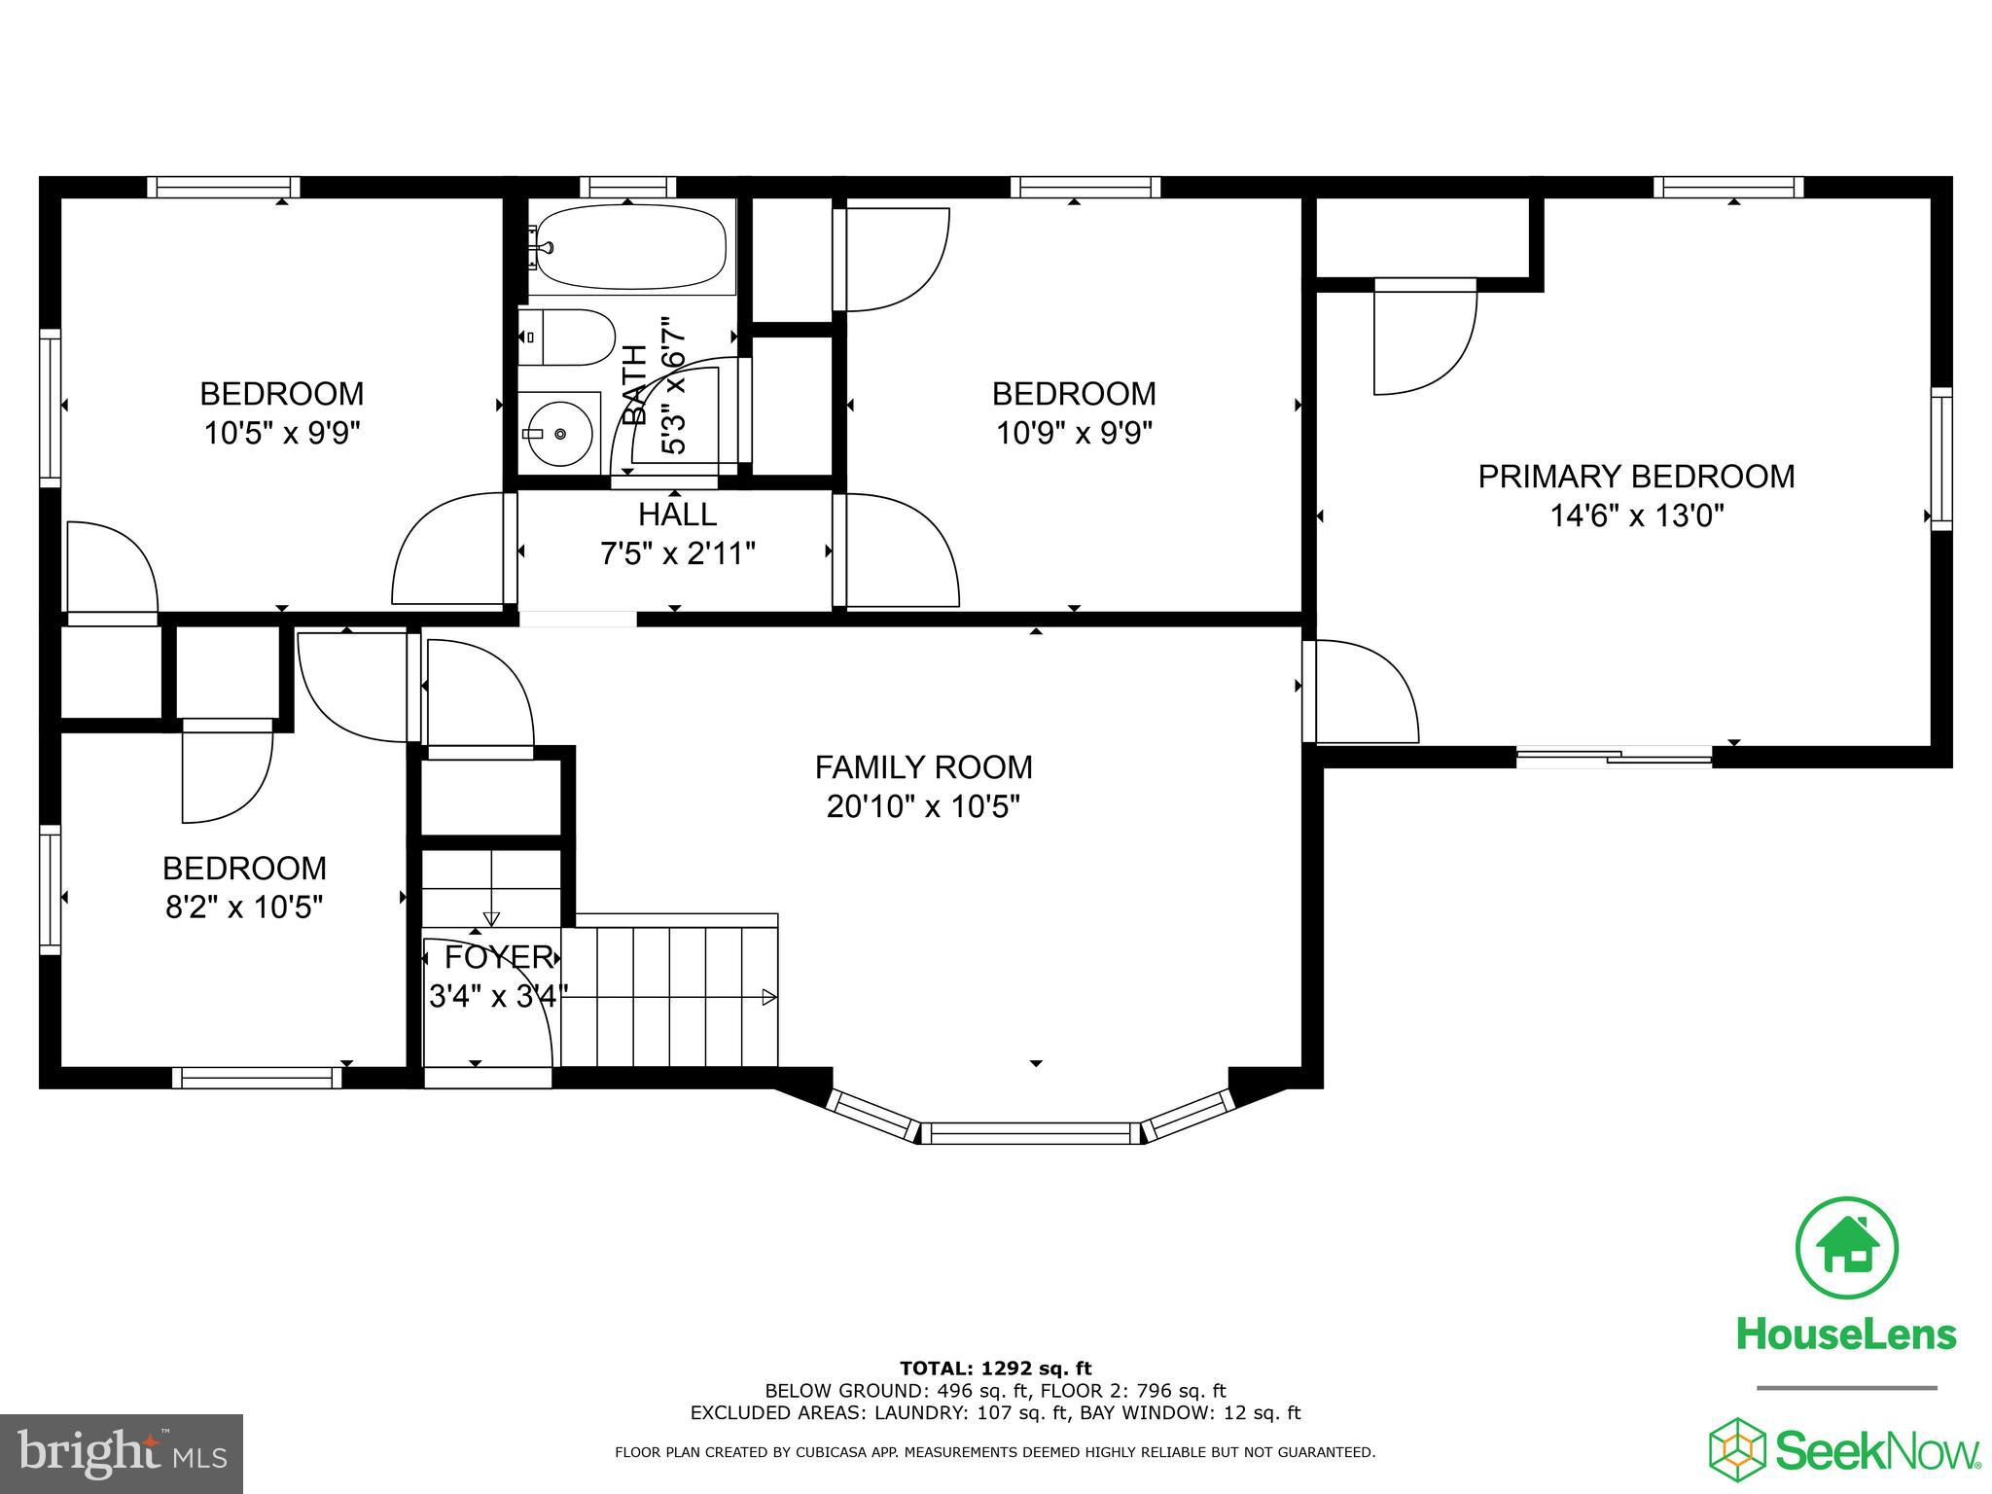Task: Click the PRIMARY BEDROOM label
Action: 1636,477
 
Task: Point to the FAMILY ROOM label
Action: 923,767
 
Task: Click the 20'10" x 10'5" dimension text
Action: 923,806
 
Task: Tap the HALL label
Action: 677,514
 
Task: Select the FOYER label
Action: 498,957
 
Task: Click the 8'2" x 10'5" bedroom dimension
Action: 243,907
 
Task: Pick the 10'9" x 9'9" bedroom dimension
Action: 1074,433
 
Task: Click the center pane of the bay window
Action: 1030,1132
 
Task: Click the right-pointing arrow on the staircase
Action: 768,997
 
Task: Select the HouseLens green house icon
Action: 1846,1248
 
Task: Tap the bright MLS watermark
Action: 122,1454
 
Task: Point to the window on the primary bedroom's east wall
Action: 1940,459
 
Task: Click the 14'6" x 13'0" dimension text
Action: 1636,516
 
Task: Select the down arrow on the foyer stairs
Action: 491,916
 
